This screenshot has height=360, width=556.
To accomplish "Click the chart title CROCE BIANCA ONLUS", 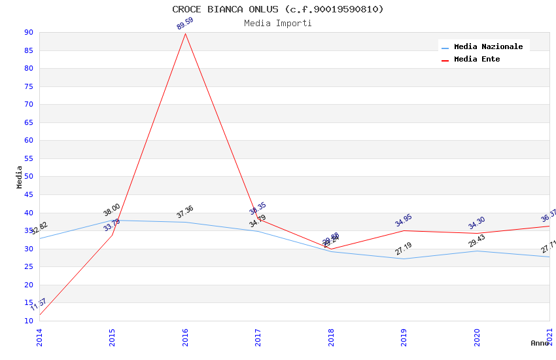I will click(x=278, y=9).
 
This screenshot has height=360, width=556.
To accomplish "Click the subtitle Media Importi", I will click(x=278, y=24).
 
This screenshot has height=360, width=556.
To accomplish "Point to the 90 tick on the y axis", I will click(x=28, y=33).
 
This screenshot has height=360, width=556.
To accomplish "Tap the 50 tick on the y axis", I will click(x=28, y=177).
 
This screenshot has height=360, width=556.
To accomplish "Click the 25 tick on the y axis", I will click(x=28, y=267).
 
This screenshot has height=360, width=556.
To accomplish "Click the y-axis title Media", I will click(x=20, y=177).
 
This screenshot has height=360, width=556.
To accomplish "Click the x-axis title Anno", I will click(x=540, y=343).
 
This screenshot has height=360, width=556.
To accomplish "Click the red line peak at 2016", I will click(x=185, y=34).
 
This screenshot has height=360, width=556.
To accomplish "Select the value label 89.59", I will click(x=185, y=24).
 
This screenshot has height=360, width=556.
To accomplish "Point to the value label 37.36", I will click(x=185, y=212).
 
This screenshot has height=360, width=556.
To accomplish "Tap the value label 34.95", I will click(x=404, y=221).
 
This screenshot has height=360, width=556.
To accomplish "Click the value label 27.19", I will click(x=404, y=249).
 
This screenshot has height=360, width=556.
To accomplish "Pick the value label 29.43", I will click(x=477, y=241).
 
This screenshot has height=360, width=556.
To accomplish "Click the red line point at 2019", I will click(x=404, y=230).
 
